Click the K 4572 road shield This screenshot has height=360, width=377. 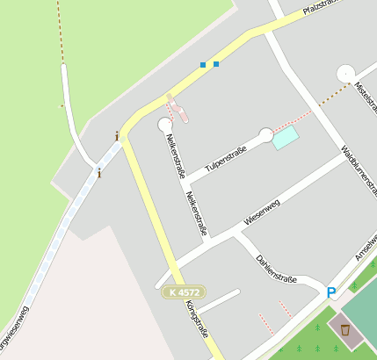pos(185,292)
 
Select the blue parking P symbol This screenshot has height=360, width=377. pos(331,293)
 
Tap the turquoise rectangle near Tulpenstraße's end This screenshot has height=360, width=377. pos(285,138)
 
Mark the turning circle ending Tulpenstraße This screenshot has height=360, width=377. pos(266,134)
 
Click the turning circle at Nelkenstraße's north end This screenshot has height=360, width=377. pos(165,126)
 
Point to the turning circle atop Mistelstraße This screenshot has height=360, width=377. pos(345,74)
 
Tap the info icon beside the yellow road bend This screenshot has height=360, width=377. pos(117,136)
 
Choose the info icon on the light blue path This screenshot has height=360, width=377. pos(99,173)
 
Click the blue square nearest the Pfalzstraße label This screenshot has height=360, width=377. pos(216,64)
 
